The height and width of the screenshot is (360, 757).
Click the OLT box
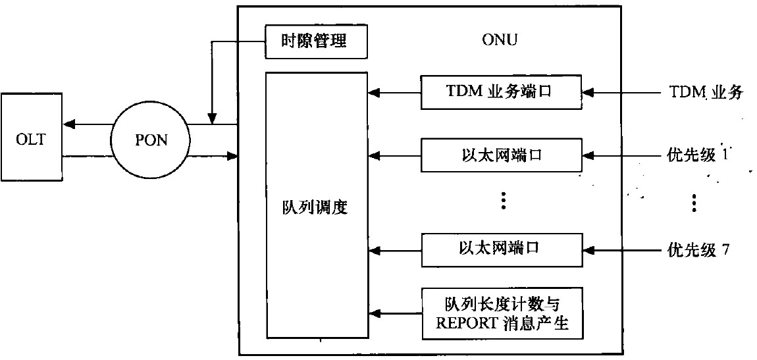pos(32,140)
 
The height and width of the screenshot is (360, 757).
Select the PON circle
pos(149,140)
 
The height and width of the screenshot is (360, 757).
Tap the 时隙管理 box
pos(315,41)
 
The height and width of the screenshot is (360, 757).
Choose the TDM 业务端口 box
pos(501,92)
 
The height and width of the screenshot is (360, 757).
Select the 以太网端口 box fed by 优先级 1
pos(501,155)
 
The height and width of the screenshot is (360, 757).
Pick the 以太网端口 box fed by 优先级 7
pos(501,249)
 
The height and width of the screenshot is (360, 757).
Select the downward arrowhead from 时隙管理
pos(211,119)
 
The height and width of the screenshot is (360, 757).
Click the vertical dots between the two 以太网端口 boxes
pos(503,201)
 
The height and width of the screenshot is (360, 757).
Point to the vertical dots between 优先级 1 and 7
pos(694,203)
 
